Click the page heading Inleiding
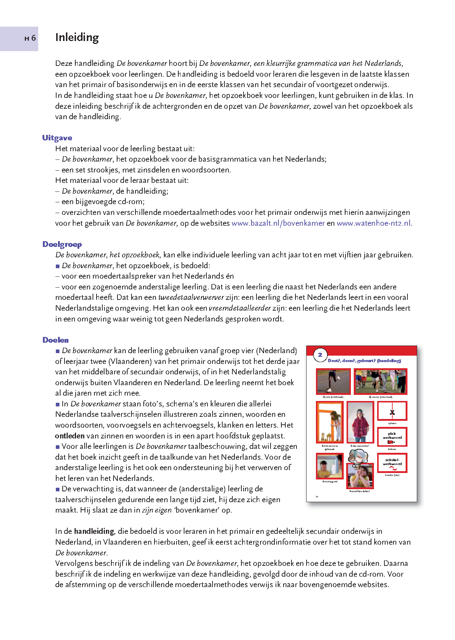(77, 38)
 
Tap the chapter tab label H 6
(30, 38)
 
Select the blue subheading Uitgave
(57, 138)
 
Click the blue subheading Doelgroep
(62, 244)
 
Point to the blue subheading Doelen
(55, 340)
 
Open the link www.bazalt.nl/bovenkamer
(278, 223)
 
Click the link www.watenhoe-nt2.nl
(374, 223)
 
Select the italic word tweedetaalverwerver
(191, 298)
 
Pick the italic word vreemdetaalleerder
(240, 308)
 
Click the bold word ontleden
(70, 436)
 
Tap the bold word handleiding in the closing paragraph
(94, 531)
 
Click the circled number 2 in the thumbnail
(320, 355)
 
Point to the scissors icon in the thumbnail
(392, 412)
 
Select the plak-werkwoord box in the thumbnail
(392, 437)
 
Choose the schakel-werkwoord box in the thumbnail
(392, 463)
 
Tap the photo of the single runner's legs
(333, 382)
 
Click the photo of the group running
(380, 382)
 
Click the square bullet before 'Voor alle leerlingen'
(58, 447)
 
